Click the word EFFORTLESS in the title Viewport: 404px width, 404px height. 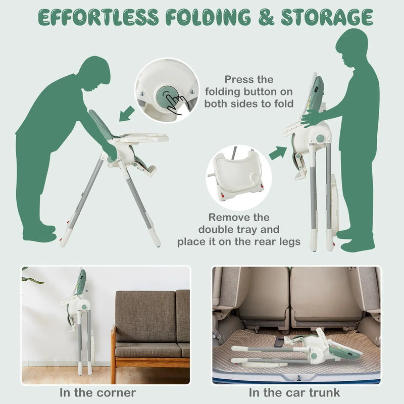(98, 17)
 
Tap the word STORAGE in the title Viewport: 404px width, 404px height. (327, 17)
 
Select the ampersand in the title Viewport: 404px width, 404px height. (266, 17)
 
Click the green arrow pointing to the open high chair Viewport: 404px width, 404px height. (127, 114)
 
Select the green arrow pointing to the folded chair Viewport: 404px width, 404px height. (278, 153)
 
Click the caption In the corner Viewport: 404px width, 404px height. (97, 393)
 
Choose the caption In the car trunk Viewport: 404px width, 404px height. (294, 393)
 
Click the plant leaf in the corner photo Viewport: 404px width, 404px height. (32, 280)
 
